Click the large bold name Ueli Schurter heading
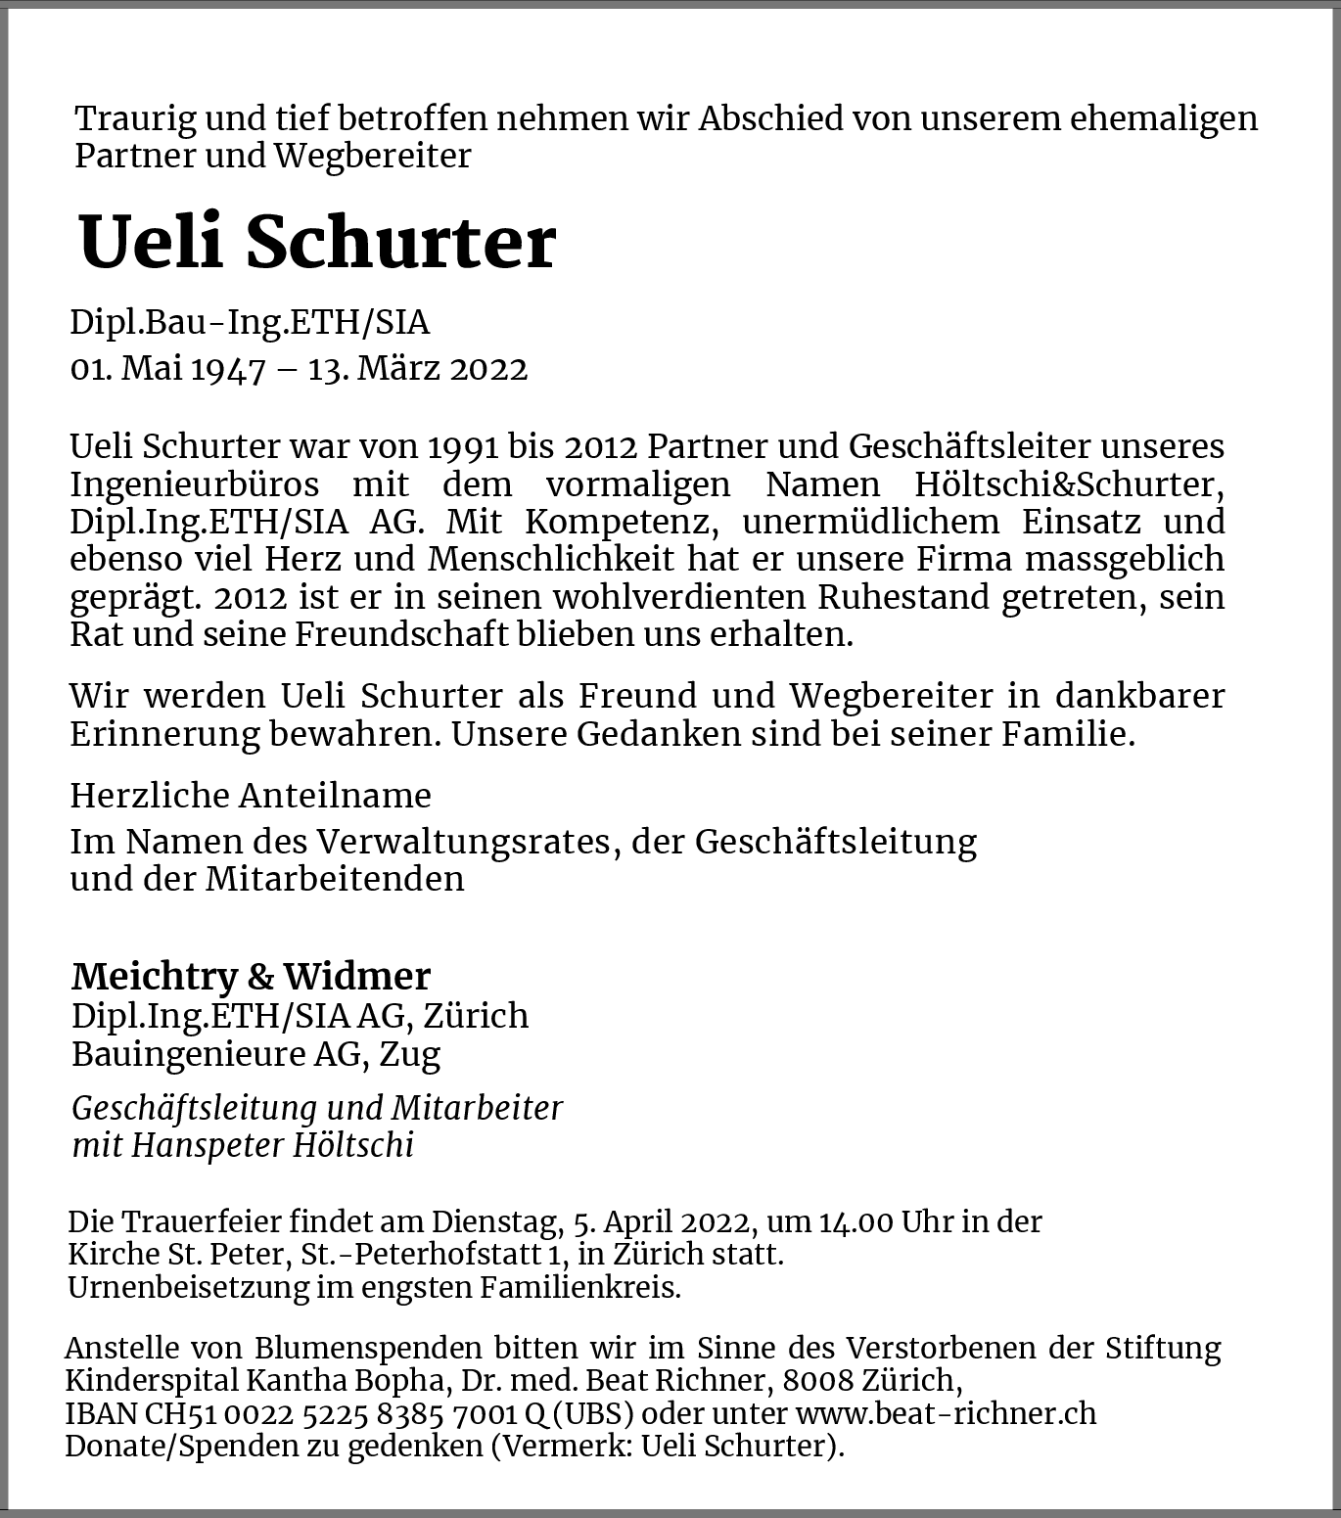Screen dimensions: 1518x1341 [x=317, y=243]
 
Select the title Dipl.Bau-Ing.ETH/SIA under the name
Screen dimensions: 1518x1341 [x=250, y=322]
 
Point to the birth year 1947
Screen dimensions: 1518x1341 [x=228, y=369]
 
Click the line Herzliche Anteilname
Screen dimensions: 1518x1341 [x=251, y=796]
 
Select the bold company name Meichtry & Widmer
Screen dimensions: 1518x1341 [x=251, y=976]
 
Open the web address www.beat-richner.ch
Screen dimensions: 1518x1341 [x=945, y=1413]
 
